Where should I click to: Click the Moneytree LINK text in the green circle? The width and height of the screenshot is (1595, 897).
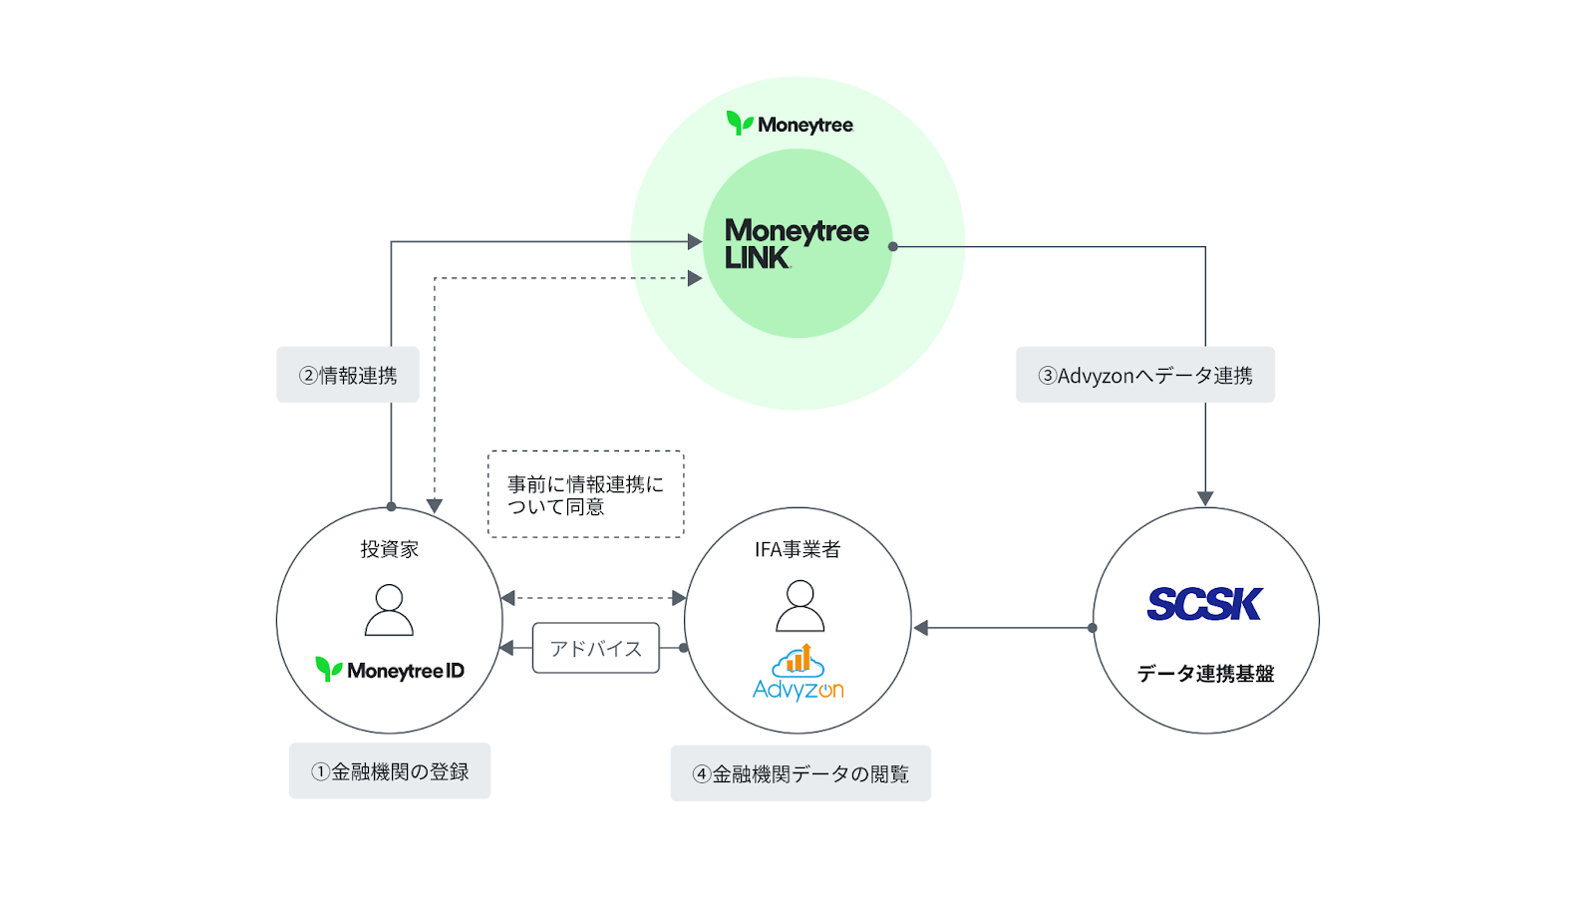(x=796, y=244)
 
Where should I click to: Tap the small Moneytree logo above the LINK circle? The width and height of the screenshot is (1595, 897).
(x=790, y=124)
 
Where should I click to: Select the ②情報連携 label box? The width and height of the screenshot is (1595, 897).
(x=348, y=375)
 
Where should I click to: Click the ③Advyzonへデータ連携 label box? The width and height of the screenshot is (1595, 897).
(x=1144, y=375)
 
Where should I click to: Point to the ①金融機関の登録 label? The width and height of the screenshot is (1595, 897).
(x=390, y=770)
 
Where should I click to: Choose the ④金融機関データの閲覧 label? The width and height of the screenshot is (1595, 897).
(x=800, y=773)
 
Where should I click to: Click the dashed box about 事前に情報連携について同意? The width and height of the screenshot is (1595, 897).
(x=585, y=494)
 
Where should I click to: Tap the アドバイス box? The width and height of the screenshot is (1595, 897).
(x=596, y=648)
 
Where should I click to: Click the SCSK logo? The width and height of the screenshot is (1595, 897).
(x=1204, y=604)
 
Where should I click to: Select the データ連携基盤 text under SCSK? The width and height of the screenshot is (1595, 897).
(x=1205, y=674)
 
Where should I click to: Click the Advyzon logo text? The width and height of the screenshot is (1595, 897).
(x=797, y=690)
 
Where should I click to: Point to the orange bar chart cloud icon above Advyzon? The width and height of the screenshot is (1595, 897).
(x=797, y=660)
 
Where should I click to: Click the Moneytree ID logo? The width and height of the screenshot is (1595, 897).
(x=390, y=670)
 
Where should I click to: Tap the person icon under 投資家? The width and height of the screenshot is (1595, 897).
(x=389, y=610)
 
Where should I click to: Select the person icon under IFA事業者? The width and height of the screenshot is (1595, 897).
(x=799, y=607)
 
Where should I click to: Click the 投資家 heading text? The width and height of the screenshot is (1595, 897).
(x=389, y=549)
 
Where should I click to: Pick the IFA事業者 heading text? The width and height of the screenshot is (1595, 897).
(x=797, y=549)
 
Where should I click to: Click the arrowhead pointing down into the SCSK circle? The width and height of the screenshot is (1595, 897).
(x=1205, y=498)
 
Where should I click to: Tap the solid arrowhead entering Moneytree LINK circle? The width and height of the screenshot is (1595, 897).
(x=695, y=241)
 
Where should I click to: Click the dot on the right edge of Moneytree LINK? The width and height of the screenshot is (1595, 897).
(x=893, y=246)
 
